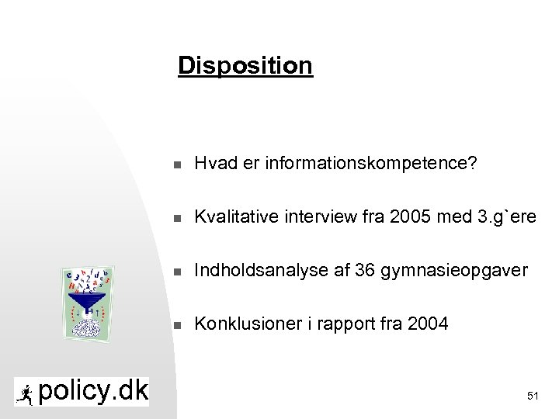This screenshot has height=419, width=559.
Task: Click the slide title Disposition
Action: tap(245, 65)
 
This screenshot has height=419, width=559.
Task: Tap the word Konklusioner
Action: tap(242, 323)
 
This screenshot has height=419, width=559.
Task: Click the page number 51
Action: tap(533, 396)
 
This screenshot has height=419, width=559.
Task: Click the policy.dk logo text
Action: tap(92, 391)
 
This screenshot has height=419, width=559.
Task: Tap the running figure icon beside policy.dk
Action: tap(25, 392)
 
